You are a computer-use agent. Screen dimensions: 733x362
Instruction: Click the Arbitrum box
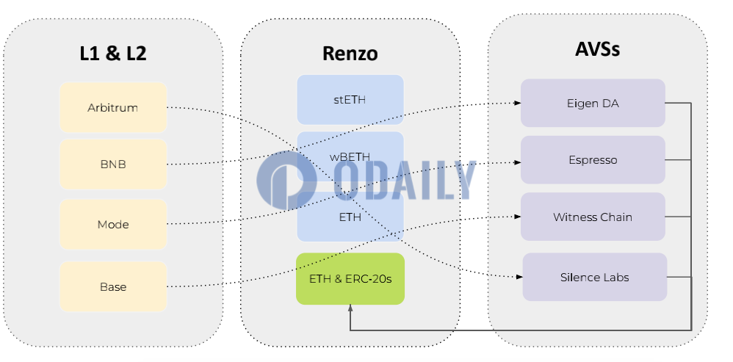pos(113,107)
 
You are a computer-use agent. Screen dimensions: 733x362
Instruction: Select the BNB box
pos(113,164)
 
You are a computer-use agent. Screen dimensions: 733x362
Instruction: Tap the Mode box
pos(113,224)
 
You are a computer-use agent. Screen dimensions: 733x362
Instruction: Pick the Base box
pos(113,286)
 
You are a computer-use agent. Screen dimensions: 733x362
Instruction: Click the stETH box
pos(350,99)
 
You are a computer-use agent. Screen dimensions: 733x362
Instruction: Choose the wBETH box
pos(350,156)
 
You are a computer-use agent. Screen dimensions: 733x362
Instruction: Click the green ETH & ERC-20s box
pos(350,279)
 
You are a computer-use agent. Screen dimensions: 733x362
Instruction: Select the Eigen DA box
pos(593,103)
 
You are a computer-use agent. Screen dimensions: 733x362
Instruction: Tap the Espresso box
pos(593,160)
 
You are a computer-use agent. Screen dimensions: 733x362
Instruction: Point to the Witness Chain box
pos(593,217)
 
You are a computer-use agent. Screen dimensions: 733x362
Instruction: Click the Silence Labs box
pos(595,277)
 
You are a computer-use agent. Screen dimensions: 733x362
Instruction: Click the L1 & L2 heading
pos(113,54)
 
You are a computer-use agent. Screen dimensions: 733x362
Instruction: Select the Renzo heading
pos(350,54)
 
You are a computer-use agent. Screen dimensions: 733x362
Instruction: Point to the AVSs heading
pos(597,49)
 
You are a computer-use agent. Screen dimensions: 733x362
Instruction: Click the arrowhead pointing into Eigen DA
pos(518,104)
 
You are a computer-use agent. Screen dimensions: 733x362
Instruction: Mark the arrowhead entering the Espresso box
pos(518,162)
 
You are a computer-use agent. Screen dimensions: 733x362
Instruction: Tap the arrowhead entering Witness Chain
pos(518,217)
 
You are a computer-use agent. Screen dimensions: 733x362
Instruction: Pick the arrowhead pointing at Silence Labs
pos(519,277)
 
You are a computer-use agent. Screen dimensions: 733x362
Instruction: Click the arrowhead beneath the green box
pos(350,308)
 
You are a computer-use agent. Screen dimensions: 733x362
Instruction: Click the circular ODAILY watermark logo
pos(287,180)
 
